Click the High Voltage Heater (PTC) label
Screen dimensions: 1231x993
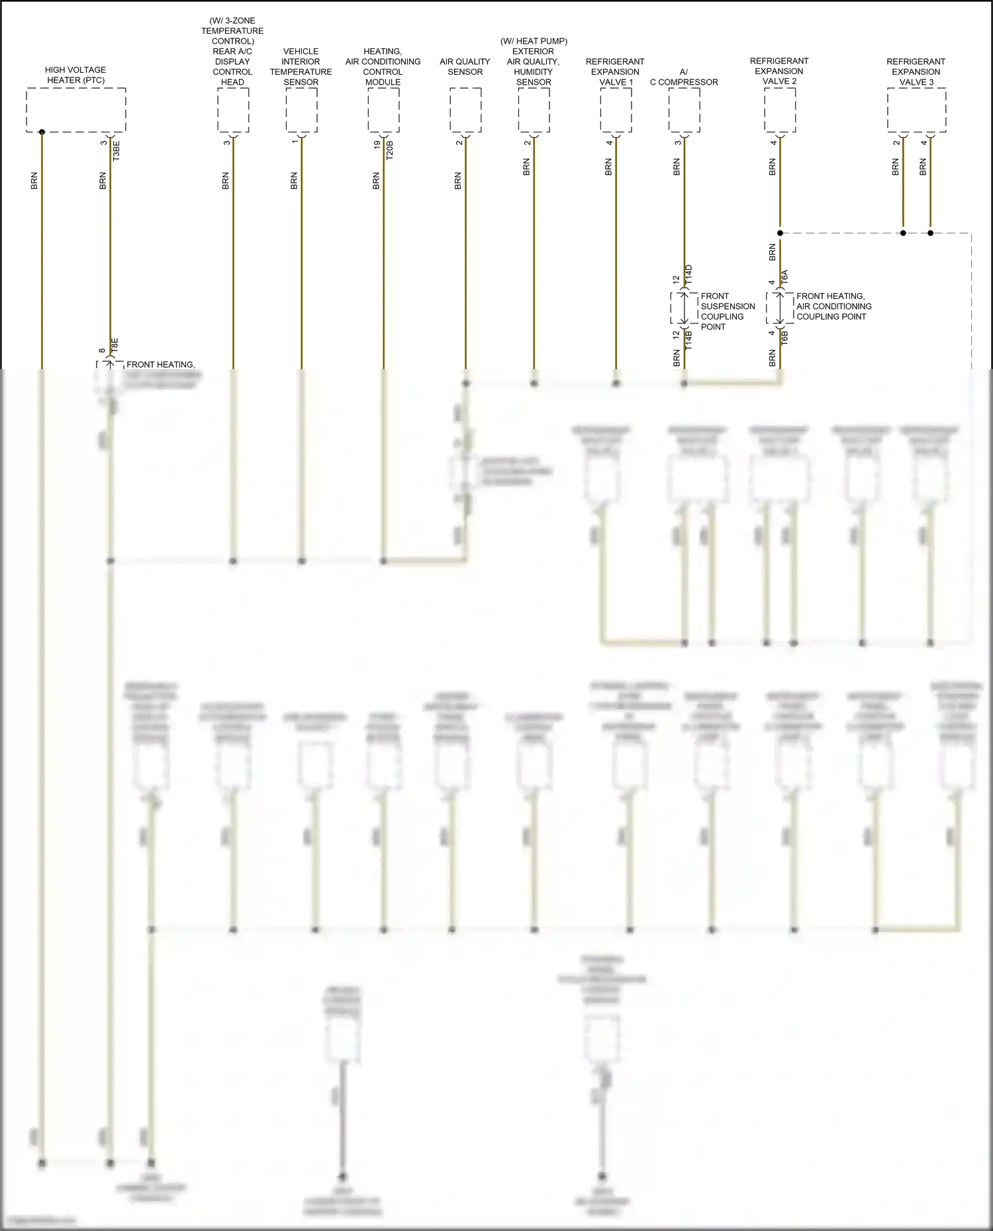tap(75, 75)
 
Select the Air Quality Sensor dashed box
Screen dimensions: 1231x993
tap(465, 110)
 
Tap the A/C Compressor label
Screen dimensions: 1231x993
tap(684, 77)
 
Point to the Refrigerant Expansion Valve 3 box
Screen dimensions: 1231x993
tap(916, 110)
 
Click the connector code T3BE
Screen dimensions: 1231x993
tap(117, 151)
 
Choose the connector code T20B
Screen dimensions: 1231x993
tap(389, 150)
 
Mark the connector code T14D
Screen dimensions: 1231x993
tap(688, 275)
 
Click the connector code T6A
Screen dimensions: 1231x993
tap(784, 277)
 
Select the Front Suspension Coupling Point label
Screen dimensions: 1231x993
tap(728, 311)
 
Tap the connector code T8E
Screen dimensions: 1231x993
tap(115, 345)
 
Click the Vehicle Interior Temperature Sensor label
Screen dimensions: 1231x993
tap(301, 67)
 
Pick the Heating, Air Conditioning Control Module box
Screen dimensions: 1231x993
tap(383, 110)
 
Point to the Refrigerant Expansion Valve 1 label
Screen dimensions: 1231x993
tap(615, 72)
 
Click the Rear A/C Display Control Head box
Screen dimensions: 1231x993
tap(233, 110)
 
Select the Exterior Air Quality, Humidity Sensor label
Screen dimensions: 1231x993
tap(534, 62)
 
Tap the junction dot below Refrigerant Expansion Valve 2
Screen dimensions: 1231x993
tap(780, 233)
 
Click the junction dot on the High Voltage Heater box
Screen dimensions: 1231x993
tap(42, 132)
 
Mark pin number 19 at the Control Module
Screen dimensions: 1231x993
tap(377, 144)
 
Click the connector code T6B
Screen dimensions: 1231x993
tap(784, 337)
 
